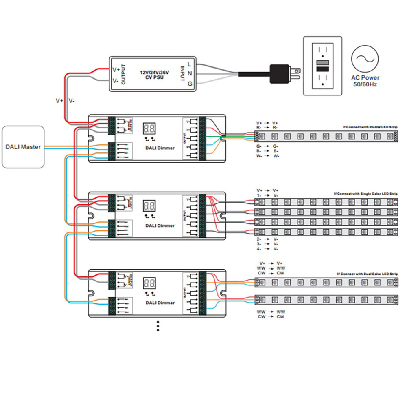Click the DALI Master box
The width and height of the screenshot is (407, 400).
23,147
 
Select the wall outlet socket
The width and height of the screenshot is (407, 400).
322,66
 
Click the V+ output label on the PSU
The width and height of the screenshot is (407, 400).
116,69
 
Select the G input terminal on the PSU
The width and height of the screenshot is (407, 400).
190,84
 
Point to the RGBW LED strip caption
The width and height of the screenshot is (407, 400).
370,127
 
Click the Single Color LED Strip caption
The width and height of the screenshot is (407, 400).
365,194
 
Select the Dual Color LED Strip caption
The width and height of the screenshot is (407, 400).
368,274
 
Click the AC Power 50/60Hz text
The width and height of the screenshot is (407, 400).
365,81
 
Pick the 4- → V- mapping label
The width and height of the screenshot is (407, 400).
267,248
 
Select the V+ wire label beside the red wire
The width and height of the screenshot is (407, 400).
59,100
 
